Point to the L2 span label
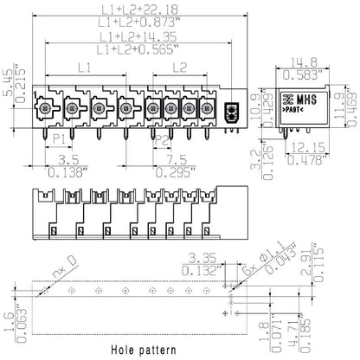[x=179, y=67]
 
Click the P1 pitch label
[x=59, y=138]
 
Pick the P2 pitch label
[x=162, y=138]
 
